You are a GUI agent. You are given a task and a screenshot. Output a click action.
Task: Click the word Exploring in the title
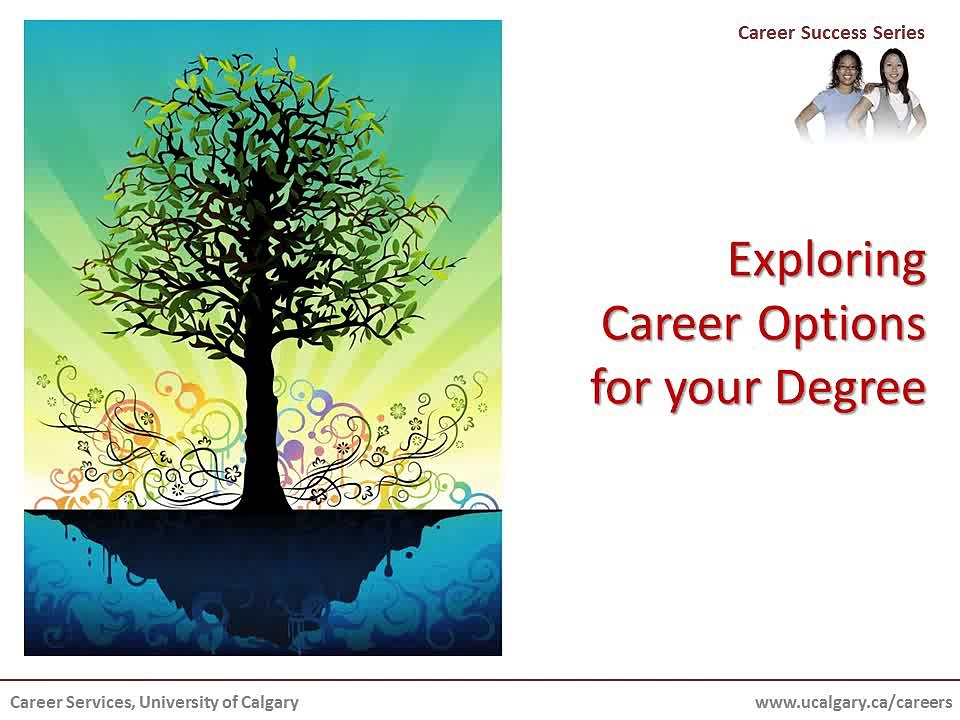826,261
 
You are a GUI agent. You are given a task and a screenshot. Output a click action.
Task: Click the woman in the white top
893,100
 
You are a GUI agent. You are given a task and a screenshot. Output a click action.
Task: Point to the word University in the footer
173,702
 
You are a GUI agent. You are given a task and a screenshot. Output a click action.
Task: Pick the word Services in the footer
98,702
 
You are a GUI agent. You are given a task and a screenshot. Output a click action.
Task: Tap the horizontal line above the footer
480,680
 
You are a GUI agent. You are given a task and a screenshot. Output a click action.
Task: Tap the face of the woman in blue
845,69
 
